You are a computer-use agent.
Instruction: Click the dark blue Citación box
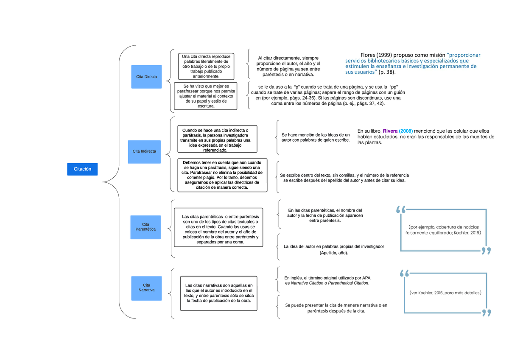(82, 169)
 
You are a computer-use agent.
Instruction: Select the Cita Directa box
(147, 77)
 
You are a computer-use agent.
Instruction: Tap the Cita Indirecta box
(144, 152)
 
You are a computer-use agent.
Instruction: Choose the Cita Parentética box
(145, 227)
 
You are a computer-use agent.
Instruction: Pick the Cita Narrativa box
(147, 288)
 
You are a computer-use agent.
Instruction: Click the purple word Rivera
(390, 131)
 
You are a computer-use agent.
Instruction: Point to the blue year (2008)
(406, 131)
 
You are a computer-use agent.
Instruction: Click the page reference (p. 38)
(387, 72)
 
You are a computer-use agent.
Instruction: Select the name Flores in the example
(368, 55)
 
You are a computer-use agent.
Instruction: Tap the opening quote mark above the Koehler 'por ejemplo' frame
(400, 209)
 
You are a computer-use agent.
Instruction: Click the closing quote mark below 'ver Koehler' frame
(487, 313)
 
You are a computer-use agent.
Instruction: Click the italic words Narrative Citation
(307, 283)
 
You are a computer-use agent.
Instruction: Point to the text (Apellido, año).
(334, 253)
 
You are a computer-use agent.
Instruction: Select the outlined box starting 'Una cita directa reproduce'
(206, 66)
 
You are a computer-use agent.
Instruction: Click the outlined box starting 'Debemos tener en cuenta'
(222, 176)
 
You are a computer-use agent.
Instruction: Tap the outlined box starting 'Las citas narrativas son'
(218, 293)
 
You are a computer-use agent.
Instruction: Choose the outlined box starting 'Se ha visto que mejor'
(205, 96)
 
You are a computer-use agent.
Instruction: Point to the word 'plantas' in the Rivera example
(374, 142)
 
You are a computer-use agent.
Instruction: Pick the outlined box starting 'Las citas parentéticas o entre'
(218, 227)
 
